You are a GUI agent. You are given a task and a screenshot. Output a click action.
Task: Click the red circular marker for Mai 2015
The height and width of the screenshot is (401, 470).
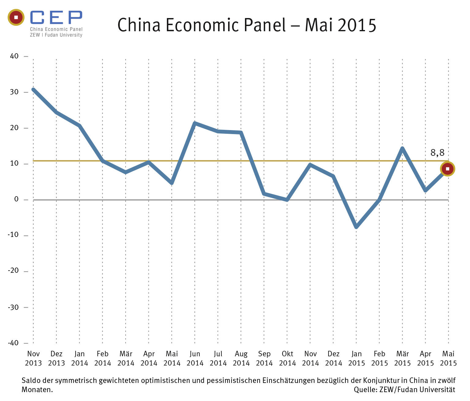pos(448,169)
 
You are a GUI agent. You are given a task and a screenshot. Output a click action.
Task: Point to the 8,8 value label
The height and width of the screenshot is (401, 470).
pos(437,152)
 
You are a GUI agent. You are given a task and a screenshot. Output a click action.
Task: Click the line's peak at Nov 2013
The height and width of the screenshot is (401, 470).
pos(33,89)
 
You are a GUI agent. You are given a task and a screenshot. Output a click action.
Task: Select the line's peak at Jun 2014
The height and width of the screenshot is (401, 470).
pos(195,123)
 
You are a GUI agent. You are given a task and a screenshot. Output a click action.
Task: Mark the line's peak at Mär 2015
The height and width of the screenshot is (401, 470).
pos(402,148)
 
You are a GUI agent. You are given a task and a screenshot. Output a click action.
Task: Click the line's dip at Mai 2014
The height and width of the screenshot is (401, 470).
pos(172,183)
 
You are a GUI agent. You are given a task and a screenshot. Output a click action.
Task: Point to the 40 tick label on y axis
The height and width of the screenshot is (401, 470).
pos(14,56)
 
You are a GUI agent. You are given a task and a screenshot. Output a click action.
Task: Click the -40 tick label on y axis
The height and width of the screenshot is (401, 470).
pos(13,343)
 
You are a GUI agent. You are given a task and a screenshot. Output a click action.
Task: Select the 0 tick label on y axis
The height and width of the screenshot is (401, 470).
pos(17,200)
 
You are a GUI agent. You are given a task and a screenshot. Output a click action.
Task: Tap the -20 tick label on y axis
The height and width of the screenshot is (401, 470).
pos(13,271)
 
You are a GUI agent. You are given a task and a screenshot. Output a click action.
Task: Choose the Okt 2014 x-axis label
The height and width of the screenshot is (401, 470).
pos(288,358)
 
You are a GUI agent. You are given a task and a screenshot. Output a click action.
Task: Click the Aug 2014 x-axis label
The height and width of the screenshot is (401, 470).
pos(241,358)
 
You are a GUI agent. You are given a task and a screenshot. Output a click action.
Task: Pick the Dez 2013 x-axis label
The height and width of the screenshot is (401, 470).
pos(56,358)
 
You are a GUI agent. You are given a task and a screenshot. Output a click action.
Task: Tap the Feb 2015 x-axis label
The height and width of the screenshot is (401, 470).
pos(379,358)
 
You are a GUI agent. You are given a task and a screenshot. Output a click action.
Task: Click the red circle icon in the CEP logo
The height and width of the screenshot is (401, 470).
pos(16,17)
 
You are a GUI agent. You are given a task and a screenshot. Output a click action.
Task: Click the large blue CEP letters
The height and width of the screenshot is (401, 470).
pos(56,17)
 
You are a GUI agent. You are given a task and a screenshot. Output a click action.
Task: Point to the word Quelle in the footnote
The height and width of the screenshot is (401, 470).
pos(365,390)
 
